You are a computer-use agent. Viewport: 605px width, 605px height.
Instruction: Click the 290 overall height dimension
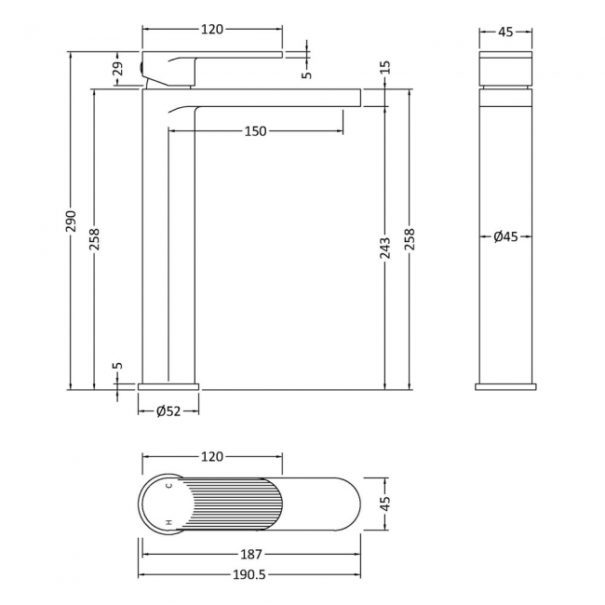click(72, 222)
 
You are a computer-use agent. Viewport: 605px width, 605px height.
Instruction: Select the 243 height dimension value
click(385, 248)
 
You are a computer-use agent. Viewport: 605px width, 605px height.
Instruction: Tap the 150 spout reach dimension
click(255, 131)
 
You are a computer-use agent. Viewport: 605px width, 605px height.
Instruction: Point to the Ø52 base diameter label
click(168, 411)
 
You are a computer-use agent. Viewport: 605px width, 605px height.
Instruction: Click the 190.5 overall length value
click(249, 575)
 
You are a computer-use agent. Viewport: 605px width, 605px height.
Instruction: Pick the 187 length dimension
click(251, 555)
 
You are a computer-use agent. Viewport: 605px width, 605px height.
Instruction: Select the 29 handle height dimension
click(118, 69)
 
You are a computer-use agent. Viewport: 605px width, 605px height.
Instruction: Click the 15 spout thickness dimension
click(387, 67)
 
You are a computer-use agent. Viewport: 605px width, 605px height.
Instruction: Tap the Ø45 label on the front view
click(505, 236)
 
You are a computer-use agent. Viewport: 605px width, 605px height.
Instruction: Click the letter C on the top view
click(168, 485)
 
